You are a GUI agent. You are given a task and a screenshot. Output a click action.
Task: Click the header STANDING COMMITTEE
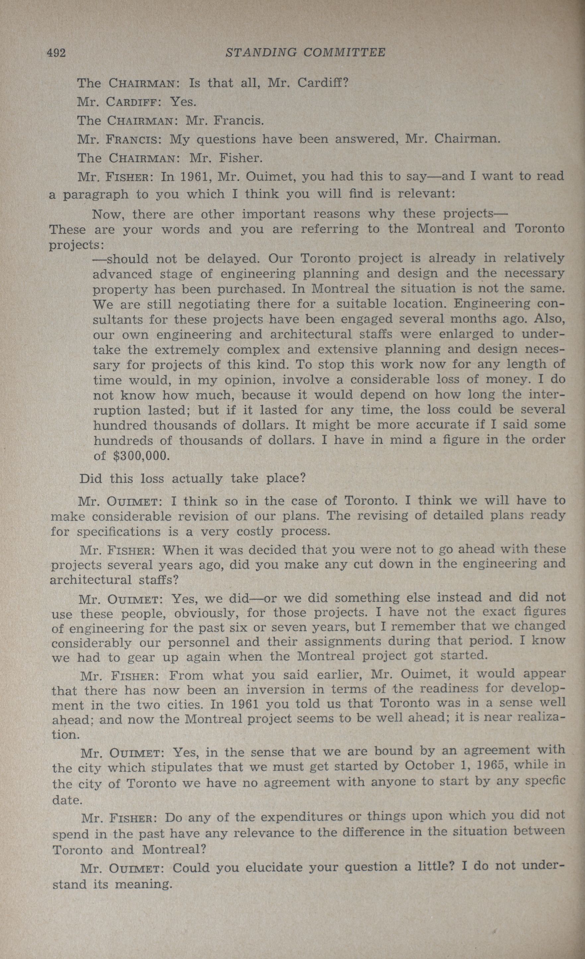point(305,52)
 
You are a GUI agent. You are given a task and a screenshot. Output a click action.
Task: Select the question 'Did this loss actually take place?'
point(192,478)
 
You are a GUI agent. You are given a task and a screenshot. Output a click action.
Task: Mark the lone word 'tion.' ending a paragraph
point(66,735)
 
